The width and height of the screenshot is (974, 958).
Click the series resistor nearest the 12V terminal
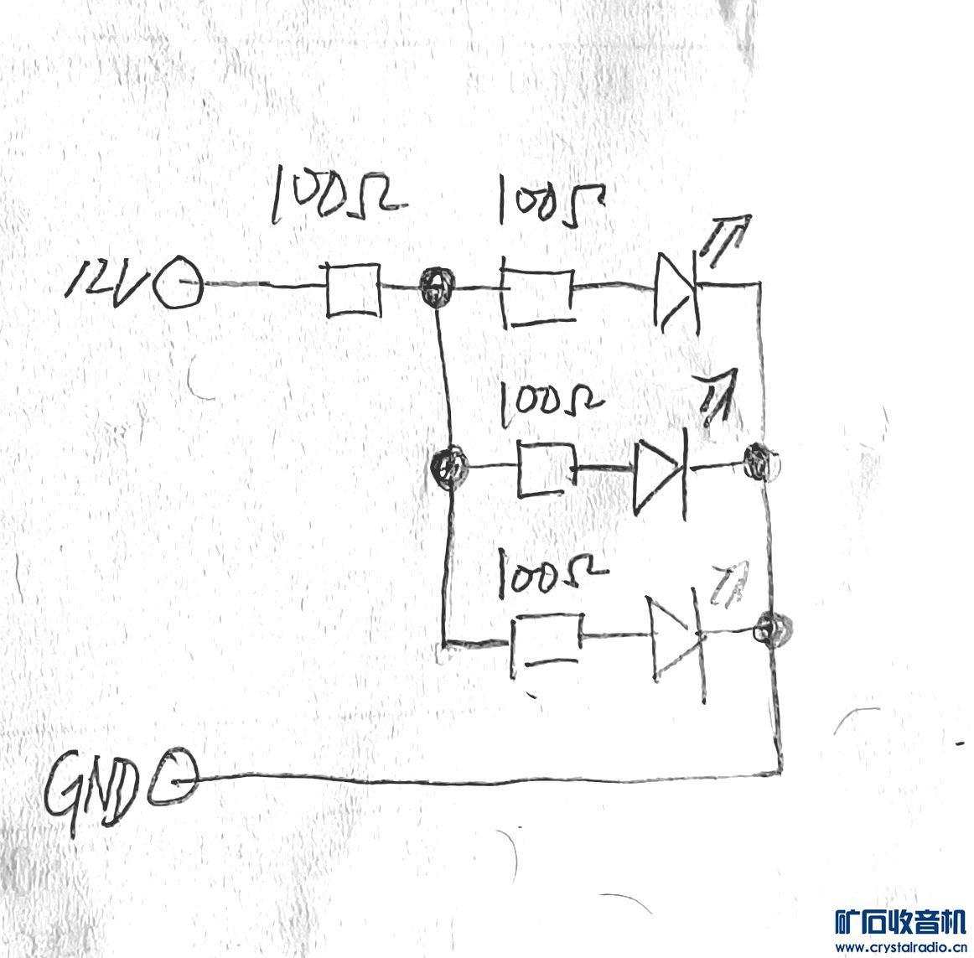click(352, 290)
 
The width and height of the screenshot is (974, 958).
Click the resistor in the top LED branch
click(538, 297)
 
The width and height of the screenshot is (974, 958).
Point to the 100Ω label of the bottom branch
click(550, 573)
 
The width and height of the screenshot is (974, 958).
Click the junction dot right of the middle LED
click(760, 462)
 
